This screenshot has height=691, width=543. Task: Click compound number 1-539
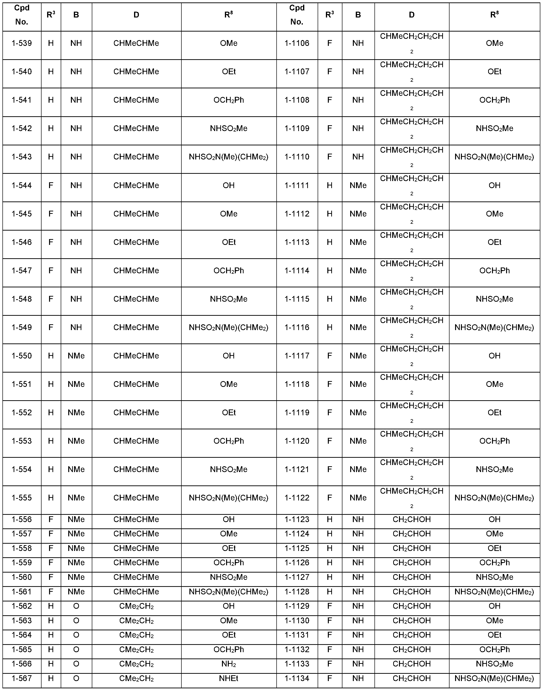(22, 43)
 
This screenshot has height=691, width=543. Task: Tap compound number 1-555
(22, 498)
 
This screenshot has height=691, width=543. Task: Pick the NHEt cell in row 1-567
(229, 678)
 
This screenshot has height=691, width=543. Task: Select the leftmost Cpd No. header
(22, 15)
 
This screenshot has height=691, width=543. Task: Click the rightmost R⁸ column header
(494, 15)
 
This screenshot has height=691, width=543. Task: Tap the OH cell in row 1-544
(229, 185)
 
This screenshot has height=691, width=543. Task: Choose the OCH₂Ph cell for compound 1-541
(229, 100)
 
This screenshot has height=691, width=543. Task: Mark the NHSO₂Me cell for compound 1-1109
(494, 128)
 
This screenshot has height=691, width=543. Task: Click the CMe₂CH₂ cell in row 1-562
(136, 606)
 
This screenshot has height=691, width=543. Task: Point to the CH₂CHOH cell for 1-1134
(411, 678)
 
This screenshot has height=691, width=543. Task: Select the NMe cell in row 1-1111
(358, 185)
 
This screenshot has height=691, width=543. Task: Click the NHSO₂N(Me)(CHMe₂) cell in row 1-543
(229, 157)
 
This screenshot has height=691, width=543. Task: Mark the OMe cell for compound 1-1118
(494, 384)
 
